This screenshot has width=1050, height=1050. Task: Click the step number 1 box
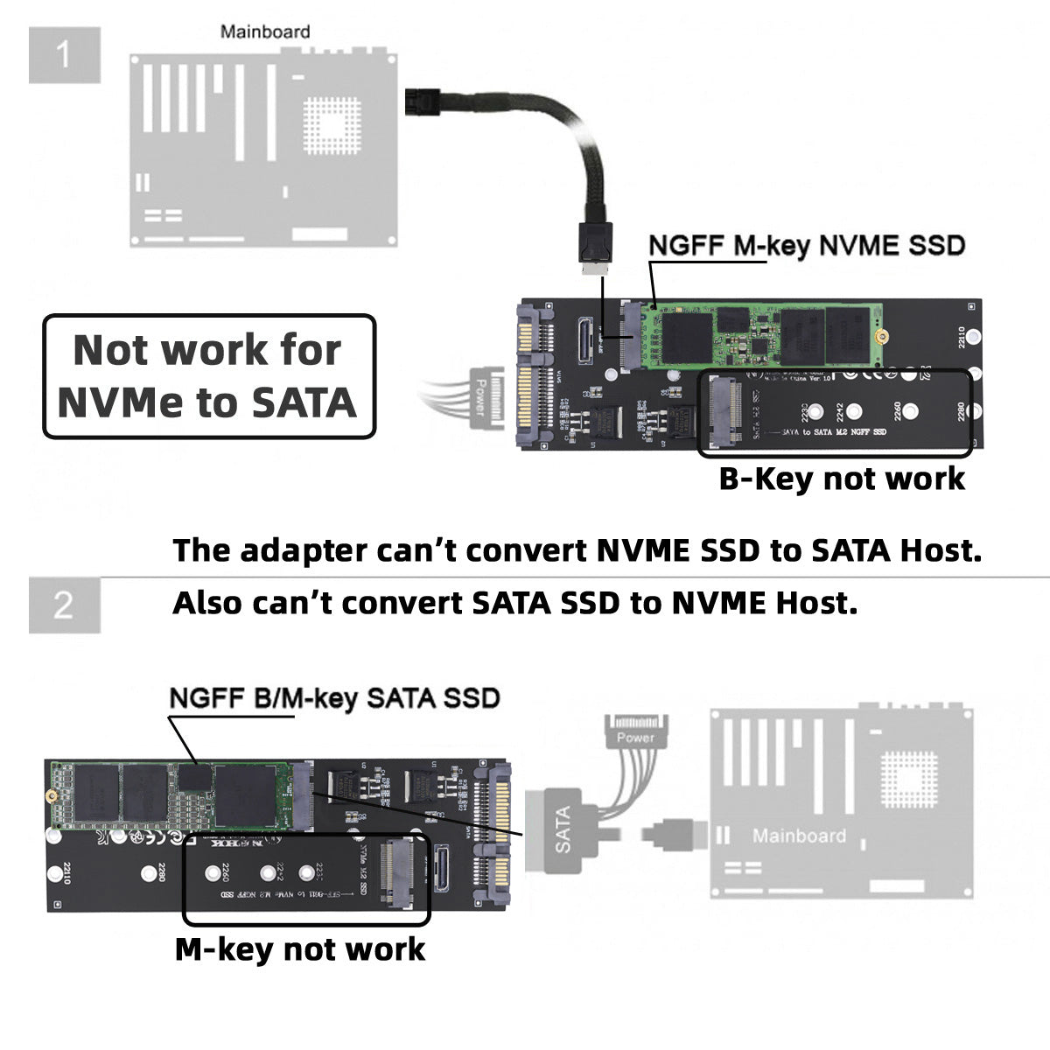(64, 55)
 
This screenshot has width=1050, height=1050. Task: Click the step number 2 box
(64, 605)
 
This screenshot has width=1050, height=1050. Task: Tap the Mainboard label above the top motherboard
(264, 32)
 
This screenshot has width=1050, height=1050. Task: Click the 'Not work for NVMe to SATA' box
(209, 376)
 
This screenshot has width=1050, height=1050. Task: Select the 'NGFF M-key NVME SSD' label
(806, 246)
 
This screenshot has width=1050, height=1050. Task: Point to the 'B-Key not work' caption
(842, 479)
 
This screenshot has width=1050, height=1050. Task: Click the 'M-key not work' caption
(300, 949)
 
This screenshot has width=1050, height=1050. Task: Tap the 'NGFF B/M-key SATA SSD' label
(333, 698)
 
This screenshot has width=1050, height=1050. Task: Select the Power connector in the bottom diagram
(635, 730)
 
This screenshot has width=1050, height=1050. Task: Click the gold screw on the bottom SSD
(52, 796)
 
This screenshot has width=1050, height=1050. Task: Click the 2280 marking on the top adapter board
(961, 410)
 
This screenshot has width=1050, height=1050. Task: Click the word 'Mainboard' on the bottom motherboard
(798, 836)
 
